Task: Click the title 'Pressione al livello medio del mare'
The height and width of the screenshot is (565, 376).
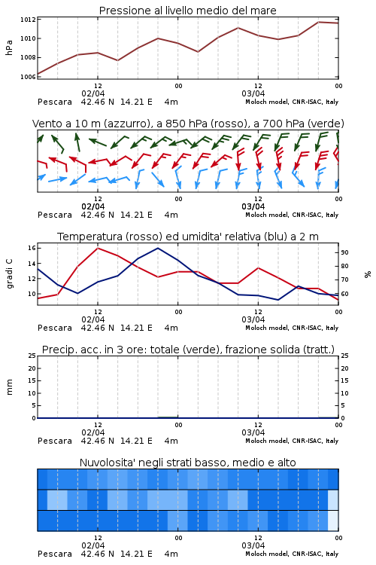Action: [x=187, y=11]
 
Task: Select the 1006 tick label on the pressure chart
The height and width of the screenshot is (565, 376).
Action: [x=28, y=76]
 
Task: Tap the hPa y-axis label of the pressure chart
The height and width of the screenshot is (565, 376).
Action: [x=9, y=47]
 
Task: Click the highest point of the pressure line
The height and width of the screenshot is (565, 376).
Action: [x=318, y=22]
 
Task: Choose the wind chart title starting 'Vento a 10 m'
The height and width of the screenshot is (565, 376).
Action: [x=188, y=124]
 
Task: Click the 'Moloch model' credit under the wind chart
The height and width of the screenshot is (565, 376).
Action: [x=292, y=215]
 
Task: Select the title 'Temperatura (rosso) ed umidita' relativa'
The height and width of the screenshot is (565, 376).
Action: [x=188, y=237]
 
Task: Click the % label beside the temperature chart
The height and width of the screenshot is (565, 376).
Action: [x=368, y=274]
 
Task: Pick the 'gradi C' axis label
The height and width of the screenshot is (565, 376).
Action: [x=9, y=273]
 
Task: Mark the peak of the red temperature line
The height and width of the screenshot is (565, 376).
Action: [x=98, y=248]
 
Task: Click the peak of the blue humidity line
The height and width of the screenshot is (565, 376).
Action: [x=158, y=248]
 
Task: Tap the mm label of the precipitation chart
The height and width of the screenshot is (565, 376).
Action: [x=9, y=386]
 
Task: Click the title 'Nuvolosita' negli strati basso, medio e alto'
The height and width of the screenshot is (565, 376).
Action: [x=187, y=463]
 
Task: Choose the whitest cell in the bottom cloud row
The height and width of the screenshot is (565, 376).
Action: [x=333, y=521]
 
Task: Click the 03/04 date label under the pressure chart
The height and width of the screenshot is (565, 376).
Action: [x=253, y=93]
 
